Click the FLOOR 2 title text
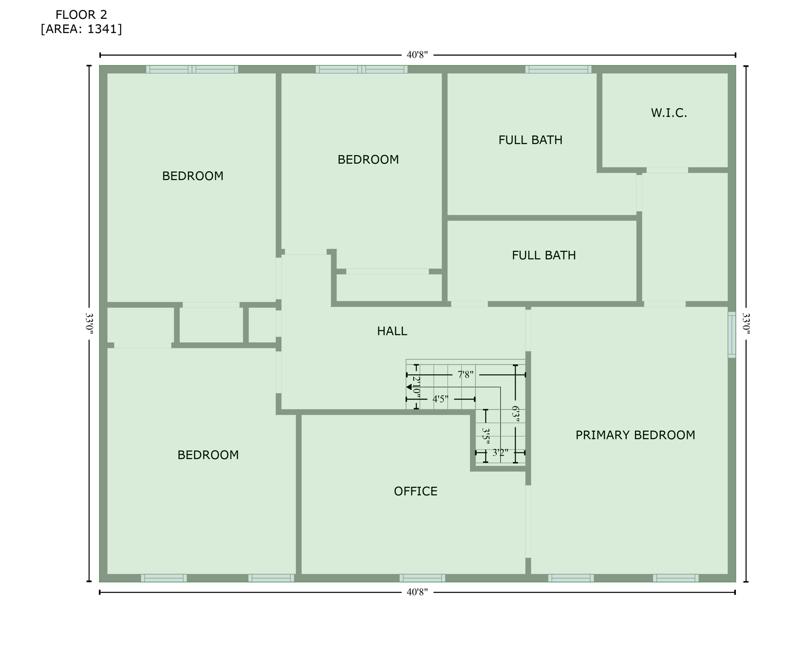pos(81,15)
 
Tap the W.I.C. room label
pos(668,113)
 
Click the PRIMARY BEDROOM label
pos(635,435)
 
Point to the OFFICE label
pos(415,491)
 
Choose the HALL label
pos(392,331)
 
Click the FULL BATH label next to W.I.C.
pos(530,140)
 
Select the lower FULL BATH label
pos(543,255)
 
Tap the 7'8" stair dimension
pos(465,375)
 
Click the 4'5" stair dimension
pos(440,399)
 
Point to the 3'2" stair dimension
pos(500,453)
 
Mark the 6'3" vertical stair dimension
pos(516,413)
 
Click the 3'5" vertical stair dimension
pos(486,436)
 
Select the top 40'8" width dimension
pos(417,55)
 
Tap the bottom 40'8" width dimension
pos(417,592)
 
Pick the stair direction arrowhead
pos(409,387)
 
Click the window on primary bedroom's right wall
pos(732,334)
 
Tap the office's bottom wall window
pos(422,578)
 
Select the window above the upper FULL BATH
pos(558,69)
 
